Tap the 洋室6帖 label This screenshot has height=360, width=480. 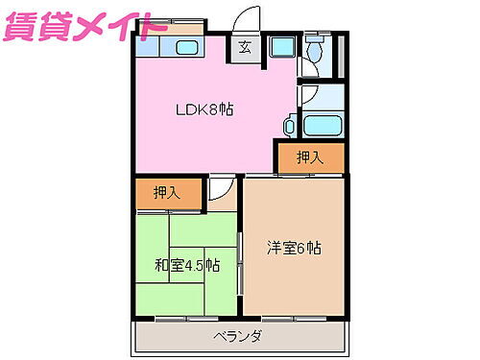coord(294,248)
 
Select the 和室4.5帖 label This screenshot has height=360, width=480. coord(187,265)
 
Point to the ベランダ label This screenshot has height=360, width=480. coord(238,336)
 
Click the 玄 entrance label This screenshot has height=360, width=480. coord(244,46)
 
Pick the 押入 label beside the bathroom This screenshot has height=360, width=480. coord(308,156)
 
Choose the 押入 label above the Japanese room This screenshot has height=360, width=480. coord(167,192)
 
